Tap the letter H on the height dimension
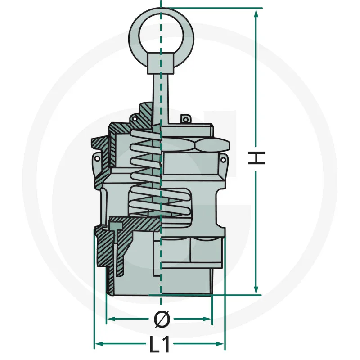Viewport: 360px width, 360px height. tap(256, 158)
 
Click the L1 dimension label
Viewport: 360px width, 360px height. tap(160, 345)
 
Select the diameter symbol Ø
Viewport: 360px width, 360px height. tap(162, 319)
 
